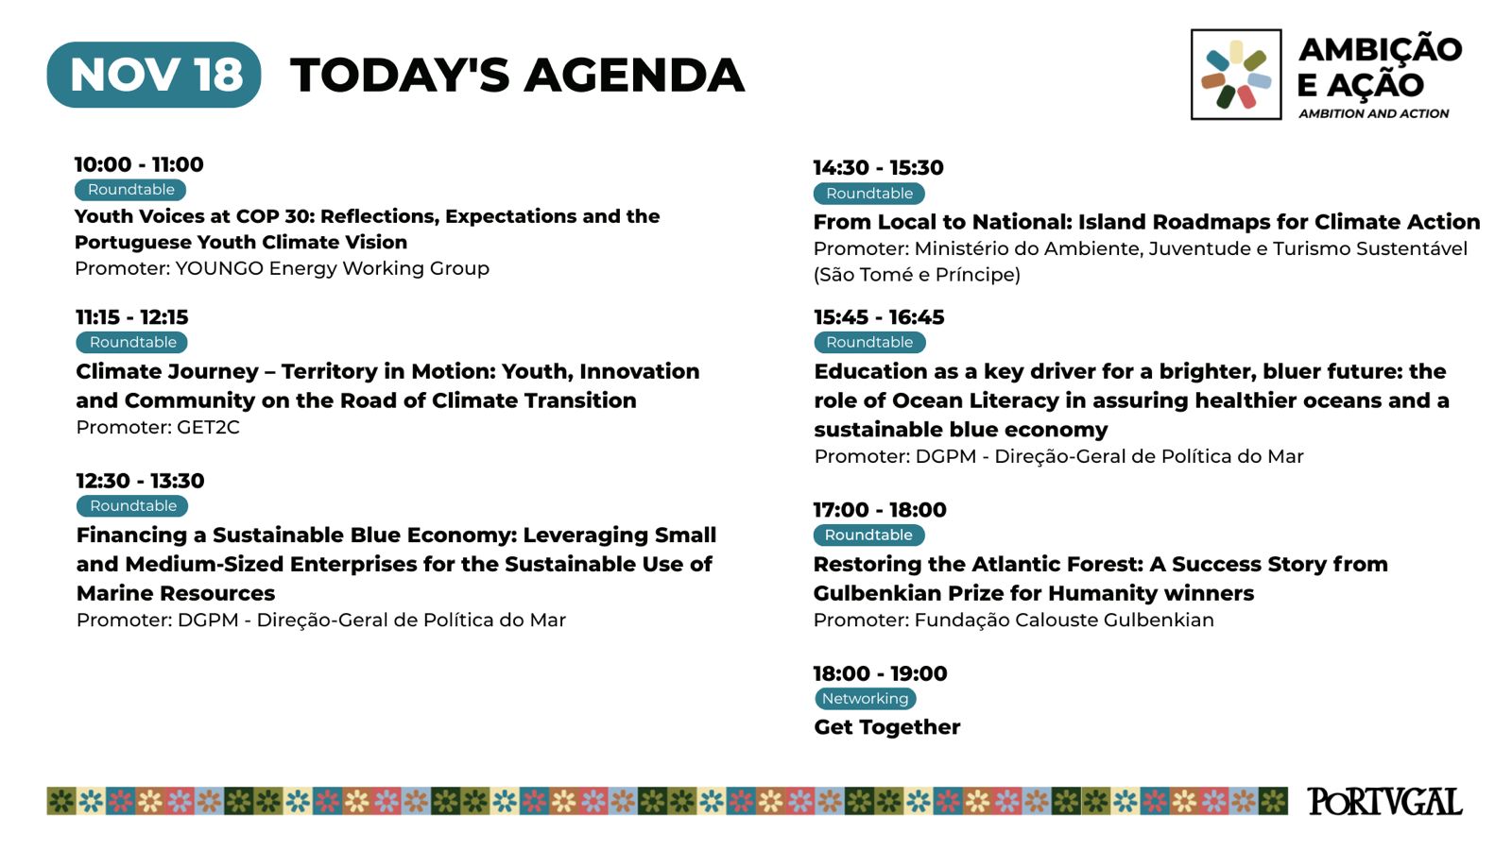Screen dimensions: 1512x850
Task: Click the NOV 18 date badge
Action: [x=154, y=75]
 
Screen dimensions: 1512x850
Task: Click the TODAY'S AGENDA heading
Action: [x=518, y=75]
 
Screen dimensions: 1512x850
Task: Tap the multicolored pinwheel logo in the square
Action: [x=1236, y=75]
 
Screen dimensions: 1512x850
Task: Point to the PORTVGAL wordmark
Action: [x=1384, y=802]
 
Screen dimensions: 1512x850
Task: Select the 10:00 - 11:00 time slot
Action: [x=139, y=164]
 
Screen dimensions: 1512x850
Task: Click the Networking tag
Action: [x=866, y=698]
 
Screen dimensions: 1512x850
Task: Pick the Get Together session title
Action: [x=887, y=726]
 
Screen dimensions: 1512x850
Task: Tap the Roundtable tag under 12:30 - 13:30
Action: [x=132, y=505]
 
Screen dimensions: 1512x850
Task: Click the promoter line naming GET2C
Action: [x=158, y=427]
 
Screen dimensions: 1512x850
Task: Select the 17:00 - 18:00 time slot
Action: [x=880, y=509]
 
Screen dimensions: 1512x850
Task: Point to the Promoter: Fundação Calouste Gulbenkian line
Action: [x=1013, y=620]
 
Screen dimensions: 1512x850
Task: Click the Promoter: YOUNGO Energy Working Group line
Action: [x=283, y=268]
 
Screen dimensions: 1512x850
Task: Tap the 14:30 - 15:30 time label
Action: [x=878, y=167]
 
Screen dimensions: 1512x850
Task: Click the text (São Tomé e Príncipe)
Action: [x=917, y=275]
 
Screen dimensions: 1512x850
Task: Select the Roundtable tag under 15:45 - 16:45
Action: [x=869, y=342]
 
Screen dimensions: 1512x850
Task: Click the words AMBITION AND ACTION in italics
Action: [x=1374, y=113]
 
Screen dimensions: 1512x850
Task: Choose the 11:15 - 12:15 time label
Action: [x=132, y=317]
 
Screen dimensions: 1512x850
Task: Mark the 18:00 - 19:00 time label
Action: [x=880, y=673]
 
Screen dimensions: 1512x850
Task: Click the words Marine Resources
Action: [x=176, y=593]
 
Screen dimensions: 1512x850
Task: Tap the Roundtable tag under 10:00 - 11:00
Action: [x=130, y=190]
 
